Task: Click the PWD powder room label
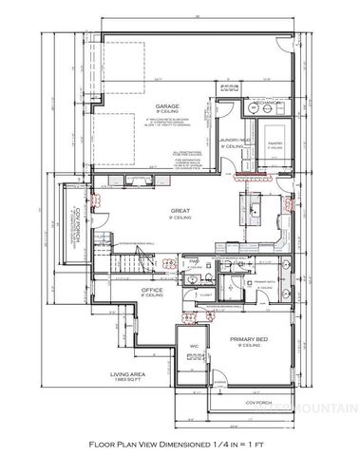[x=192, y=259]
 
